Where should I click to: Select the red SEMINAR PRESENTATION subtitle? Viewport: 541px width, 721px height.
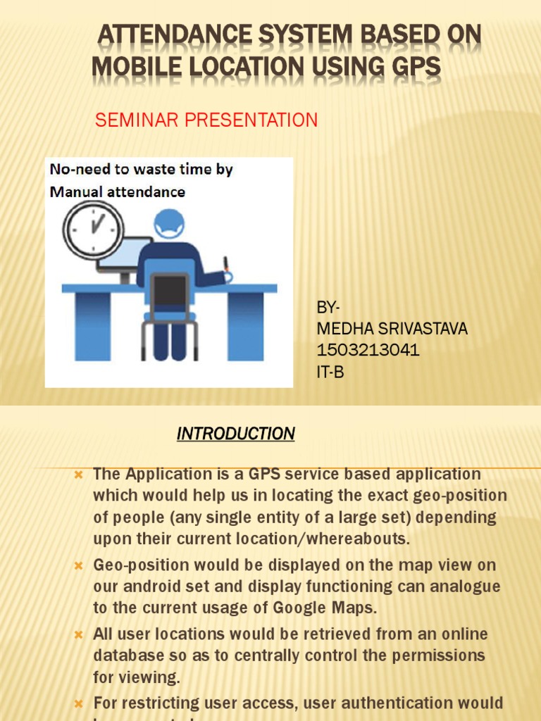click(206, 120)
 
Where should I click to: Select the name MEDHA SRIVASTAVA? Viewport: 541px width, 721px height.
click(392, 329)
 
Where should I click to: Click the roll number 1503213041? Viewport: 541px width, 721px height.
click(368, 351)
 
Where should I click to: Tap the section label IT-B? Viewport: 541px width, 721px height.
click(330, 372)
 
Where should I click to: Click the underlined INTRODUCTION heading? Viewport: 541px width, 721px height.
click(235, 434)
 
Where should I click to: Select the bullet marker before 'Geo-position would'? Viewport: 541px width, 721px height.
click(79, 565)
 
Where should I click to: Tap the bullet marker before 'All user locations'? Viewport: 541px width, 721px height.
click(79, 635)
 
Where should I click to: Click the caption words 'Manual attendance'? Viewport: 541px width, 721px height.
click(118, 192)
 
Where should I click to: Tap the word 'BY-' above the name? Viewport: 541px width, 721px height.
click(328, 308)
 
